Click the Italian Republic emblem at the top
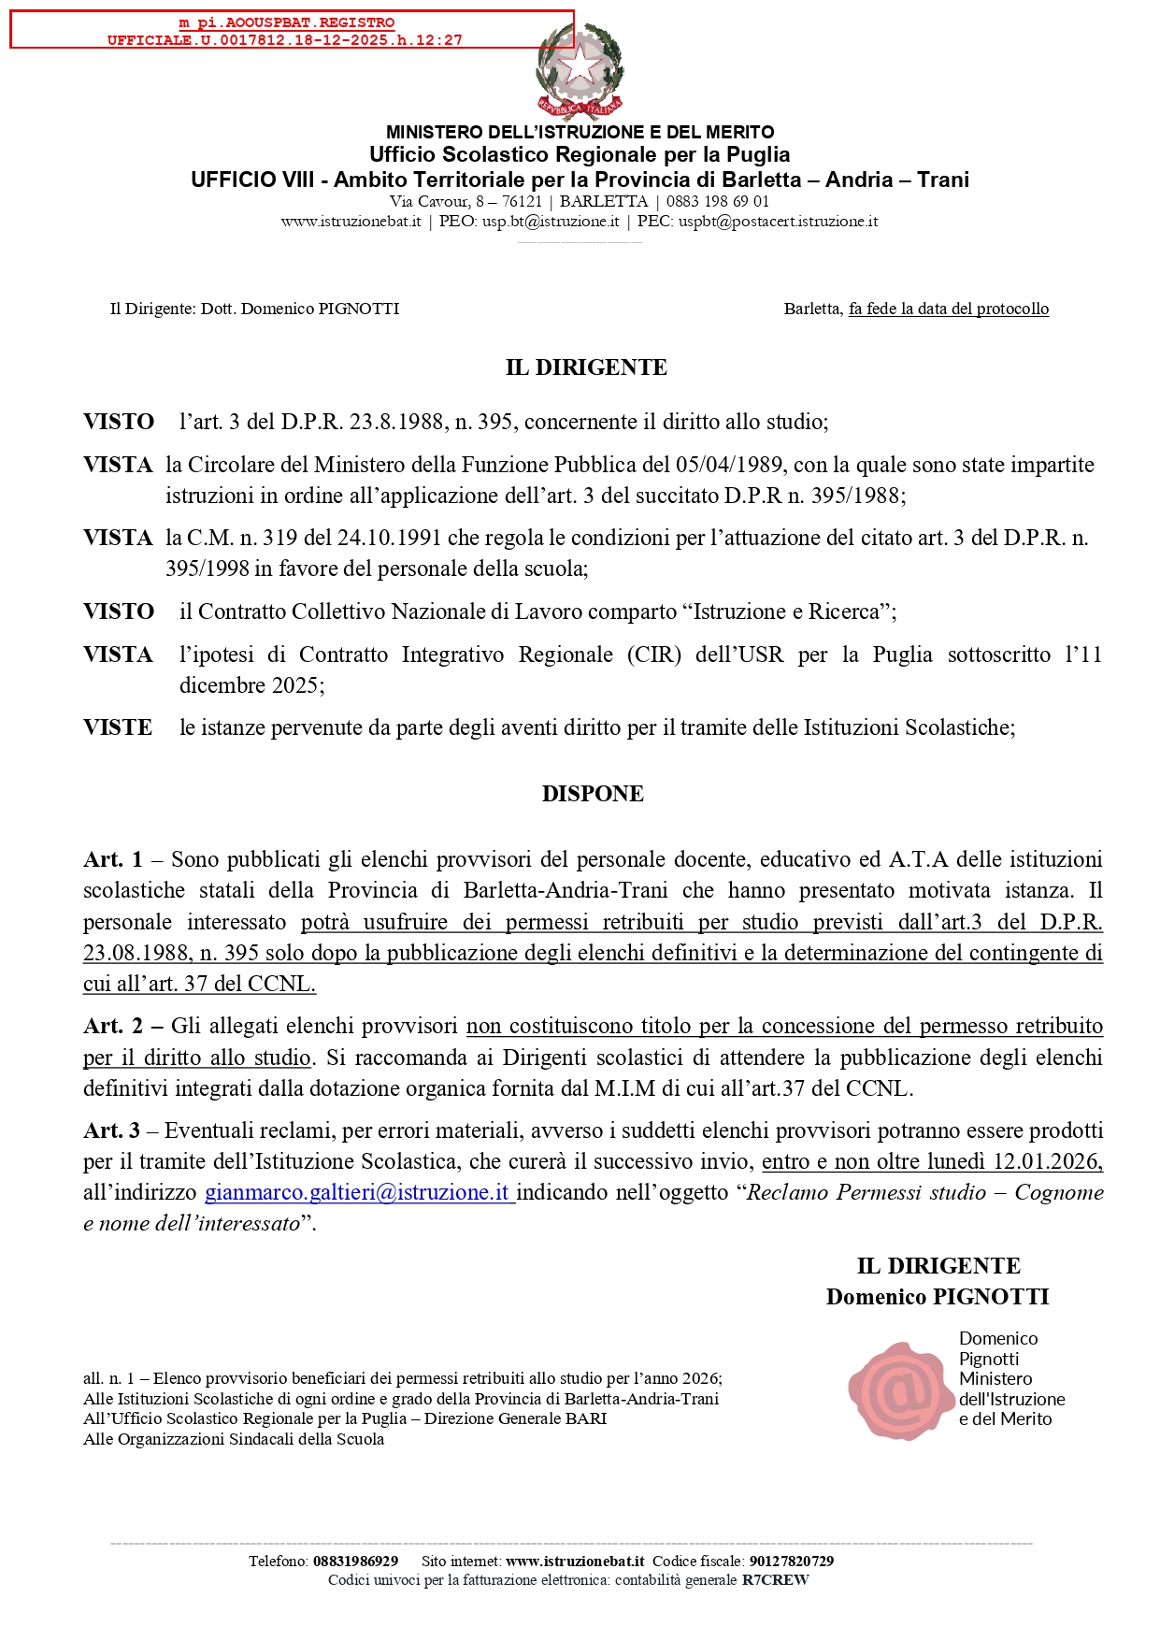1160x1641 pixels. (x=580, y=71)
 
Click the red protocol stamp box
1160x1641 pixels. (x=292, y=30)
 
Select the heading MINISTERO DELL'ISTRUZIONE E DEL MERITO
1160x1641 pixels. (x=580, y=132)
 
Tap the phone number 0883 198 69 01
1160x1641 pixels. (x=717, y=201)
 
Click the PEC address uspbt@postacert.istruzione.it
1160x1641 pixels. (x=778, y=222)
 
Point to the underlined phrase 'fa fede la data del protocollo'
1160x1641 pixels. (x=948, y=309)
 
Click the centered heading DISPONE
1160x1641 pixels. (x=593, y=794)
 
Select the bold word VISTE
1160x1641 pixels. (x=118, y=727)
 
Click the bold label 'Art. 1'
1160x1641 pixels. (x=113, y=859)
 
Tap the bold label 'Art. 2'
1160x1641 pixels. (x=113, y=1026)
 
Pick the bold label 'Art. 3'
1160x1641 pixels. (x=111, y=1130)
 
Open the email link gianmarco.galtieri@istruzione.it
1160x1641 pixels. (x=357, y=1192)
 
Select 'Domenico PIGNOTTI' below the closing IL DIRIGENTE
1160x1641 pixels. (x=937, y=1297)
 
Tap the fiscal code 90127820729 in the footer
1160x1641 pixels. (x=791, y=1561)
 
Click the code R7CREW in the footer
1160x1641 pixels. (x=775, y=1580)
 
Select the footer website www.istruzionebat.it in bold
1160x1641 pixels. (x=575, y=1561)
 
